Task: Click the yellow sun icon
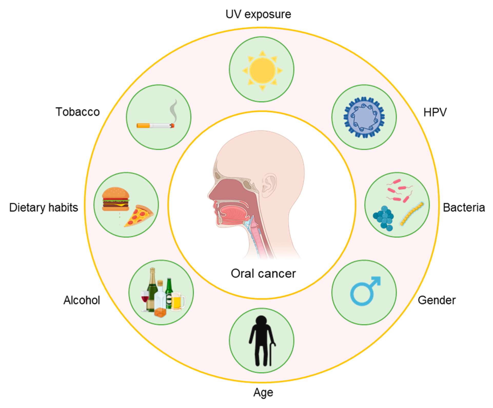pos(262,70)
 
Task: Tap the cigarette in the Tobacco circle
pos(155,125)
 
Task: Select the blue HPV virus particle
pos(364,117)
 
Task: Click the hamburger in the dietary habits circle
pos(116,199)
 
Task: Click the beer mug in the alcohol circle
pos(177,301)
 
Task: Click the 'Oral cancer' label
pos(263,274)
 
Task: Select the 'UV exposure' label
pos(258,14)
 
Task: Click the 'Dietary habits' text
pos(44,208)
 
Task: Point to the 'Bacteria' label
pos(464,208)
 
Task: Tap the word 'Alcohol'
pos(82,300)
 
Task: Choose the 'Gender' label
pos(437,300)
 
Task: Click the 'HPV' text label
pos(435,112)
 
